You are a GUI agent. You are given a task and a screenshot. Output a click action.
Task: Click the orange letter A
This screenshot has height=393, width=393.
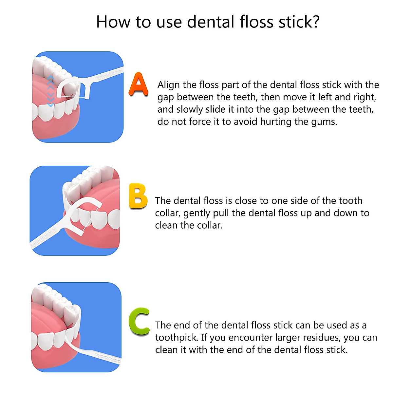coord(138,84)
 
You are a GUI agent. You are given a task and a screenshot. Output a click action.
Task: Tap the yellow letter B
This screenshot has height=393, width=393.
coord(138,196)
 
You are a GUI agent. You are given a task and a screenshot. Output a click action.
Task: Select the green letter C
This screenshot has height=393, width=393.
coord(139,322)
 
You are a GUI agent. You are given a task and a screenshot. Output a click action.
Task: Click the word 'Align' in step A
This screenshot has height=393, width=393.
coord(169,85)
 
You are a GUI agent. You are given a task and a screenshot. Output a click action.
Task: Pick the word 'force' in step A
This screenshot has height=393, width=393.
coord(198,122)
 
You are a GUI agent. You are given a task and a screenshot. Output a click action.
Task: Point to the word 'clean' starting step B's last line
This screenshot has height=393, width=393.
coord(167,226)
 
